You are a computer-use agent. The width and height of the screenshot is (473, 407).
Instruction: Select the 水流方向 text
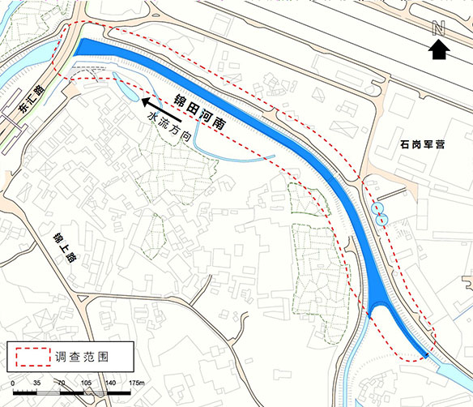169,128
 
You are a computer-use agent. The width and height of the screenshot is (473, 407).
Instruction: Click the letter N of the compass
438,28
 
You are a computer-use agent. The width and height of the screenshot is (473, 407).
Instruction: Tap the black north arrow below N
438,49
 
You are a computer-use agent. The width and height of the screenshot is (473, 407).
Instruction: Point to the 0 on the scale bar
13,382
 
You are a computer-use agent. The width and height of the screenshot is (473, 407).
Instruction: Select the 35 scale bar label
36,382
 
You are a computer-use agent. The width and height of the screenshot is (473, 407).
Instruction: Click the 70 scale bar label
61,382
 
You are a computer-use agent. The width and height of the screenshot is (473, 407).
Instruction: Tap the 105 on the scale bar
87,382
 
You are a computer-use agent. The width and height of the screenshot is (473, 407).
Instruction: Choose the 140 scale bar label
112,382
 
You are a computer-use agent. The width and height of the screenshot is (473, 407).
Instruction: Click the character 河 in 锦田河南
208,114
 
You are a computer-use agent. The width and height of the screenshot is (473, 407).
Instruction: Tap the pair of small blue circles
380,213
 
